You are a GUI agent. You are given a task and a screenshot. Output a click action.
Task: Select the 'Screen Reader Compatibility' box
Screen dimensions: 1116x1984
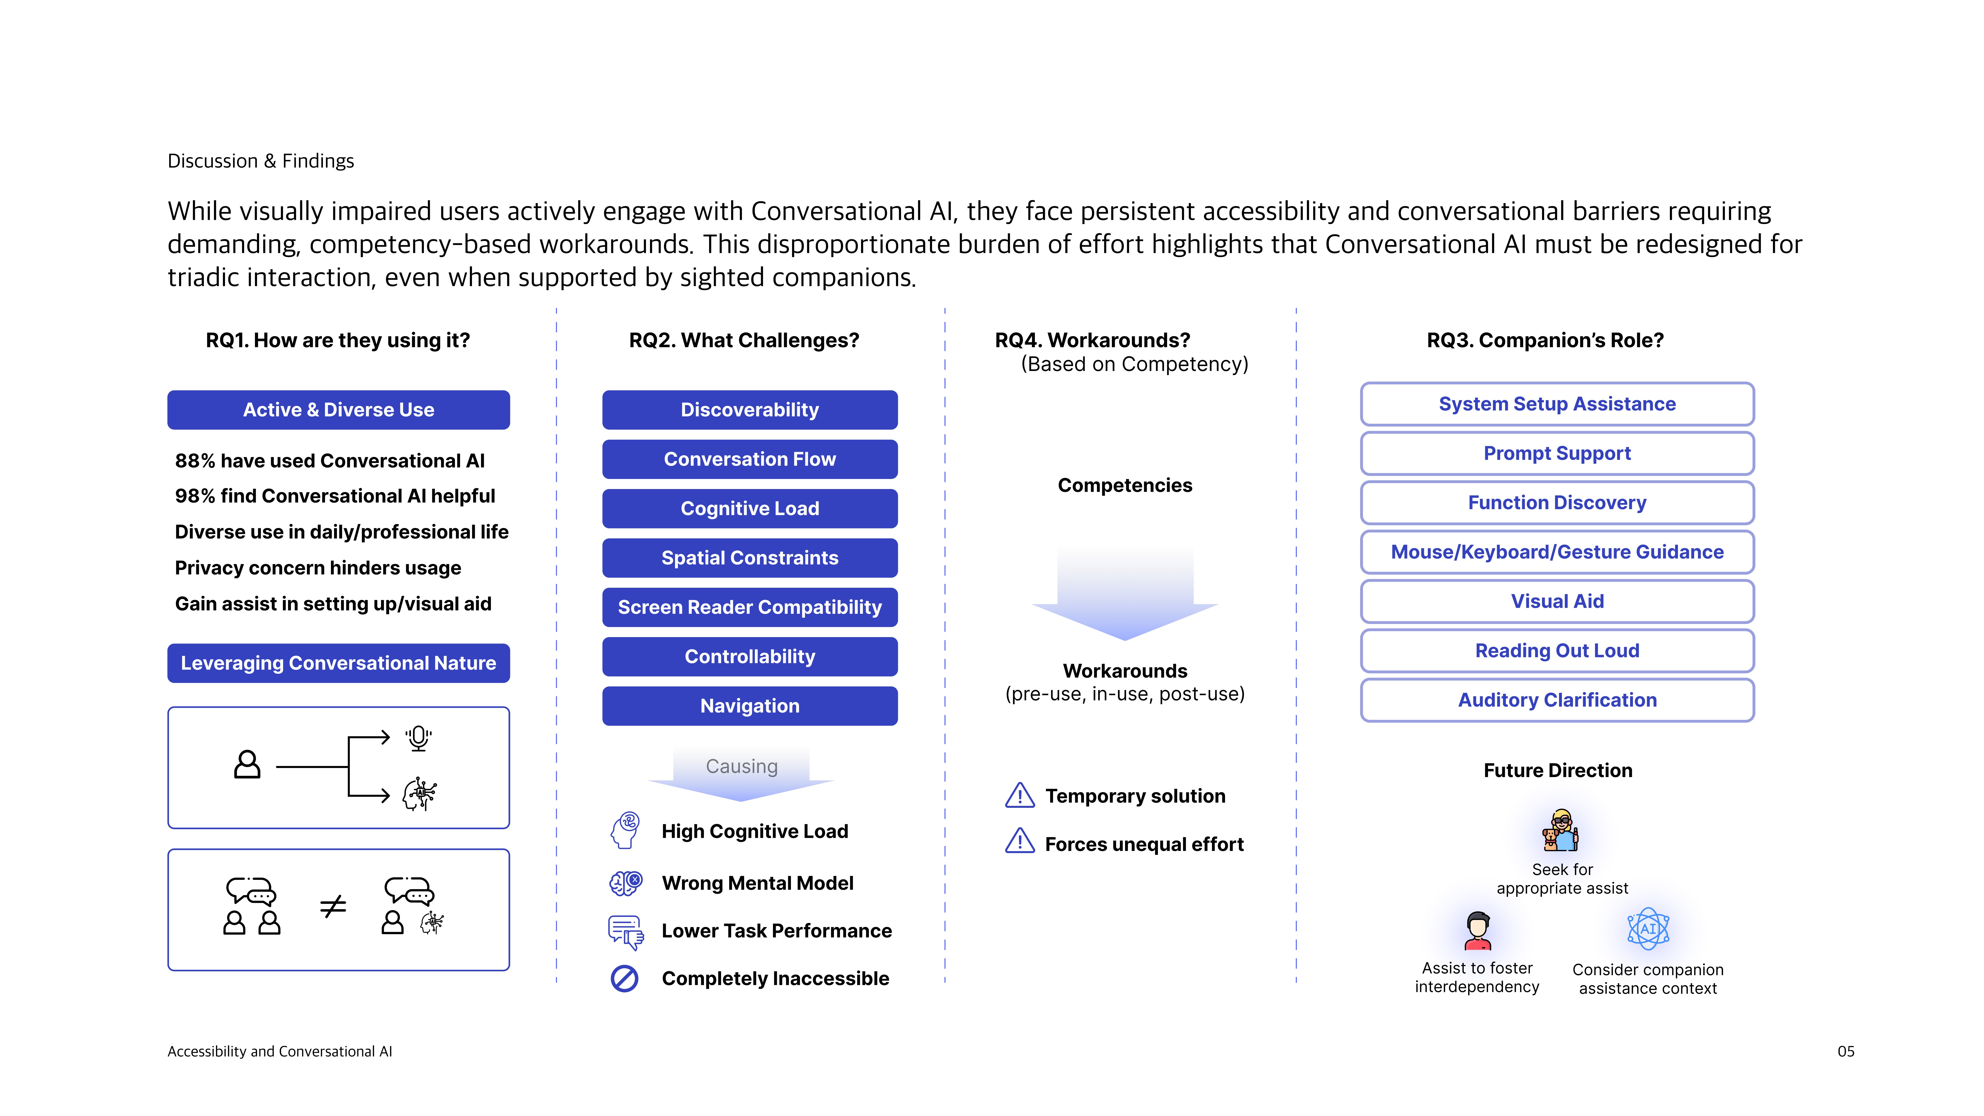pyautogui.click(x=749, y=607)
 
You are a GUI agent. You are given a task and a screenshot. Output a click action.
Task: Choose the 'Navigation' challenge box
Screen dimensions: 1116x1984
pyautogui.click(x=749, y=706)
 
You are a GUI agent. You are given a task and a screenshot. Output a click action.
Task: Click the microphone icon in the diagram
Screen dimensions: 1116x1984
pyautogui.click(x=418, y=738)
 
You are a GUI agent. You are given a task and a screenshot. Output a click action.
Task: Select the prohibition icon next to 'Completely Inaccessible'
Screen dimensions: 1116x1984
pyautogui.click(x=625, y=978)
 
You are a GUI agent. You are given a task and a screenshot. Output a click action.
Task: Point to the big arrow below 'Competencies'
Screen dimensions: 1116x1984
pyautogui.click(x=1125, y=593)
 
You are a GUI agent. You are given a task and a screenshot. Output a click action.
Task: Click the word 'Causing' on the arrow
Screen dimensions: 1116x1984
pyautogui.click(x=742, y=766)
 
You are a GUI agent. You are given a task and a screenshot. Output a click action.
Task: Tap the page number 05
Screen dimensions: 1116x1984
pyautogui.click(x=1845, y=1051)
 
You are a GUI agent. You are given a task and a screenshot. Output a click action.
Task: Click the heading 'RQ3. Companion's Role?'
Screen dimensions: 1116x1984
pyautogui.click(x=1545, y=340)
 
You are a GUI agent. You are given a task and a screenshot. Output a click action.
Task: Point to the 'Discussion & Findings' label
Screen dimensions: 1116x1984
pyautogui.click(x=260, y=161)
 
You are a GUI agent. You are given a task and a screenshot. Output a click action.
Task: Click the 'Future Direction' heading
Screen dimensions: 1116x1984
pyautogui.click(x=1557, y=770)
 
